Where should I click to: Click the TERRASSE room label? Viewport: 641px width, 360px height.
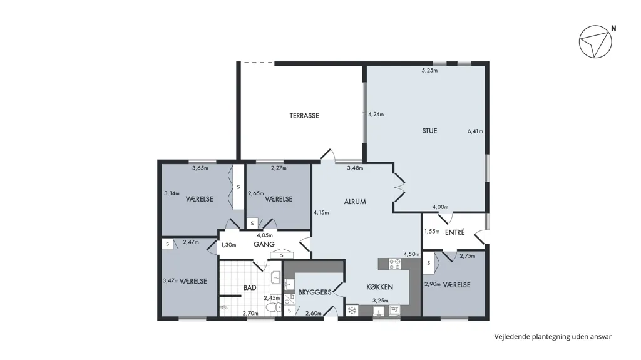tap(304, 116)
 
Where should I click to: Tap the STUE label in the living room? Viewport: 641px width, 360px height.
tap(429, 131)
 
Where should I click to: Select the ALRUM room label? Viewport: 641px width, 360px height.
tap(355, 202)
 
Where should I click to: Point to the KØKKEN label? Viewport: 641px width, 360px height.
tap(380, 287)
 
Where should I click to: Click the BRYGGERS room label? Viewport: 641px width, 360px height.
tap(315, 292)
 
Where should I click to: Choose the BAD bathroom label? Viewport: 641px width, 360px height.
tap(250, 287)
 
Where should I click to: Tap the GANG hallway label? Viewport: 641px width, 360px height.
tap(264, 245)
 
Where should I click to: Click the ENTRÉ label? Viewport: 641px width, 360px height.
tap(454, 232)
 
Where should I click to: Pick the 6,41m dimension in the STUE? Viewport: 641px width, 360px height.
tap(476, 131)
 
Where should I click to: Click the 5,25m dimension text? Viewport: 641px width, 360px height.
tap(429, 70)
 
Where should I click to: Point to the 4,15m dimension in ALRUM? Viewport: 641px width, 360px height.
tap(321, 213)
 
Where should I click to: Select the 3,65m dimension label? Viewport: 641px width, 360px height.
tap(200, 168)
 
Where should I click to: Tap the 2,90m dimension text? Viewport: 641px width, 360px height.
tap(432, 284)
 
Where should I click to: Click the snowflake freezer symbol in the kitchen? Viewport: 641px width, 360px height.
tap(352, 311)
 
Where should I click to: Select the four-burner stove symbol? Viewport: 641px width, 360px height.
tap(394, 264)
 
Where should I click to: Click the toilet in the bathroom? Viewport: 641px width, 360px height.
tap(273, 307)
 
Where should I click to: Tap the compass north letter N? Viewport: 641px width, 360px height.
tap(613, 29)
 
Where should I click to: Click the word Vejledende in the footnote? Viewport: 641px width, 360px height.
tap(512, 337)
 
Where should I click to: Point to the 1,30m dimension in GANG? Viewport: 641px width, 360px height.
tap(229, 245)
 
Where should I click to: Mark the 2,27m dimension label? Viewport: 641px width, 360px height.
tap(279, 168)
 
